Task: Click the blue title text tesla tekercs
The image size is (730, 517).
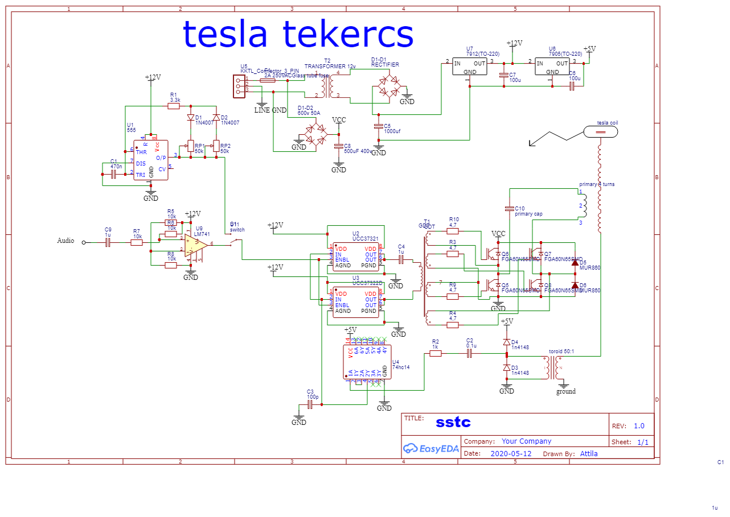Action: pos(297,34)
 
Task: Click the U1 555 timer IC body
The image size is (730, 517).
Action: pos(151,160)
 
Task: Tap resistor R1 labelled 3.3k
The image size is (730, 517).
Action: pos(174,106)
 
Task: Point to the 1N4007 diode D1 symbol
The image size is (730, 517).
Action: pos(191,118)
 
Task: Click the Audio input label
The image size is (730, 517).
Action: pos(65,241)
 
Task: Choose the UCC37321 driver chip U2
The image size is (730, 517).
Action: pos(356,257)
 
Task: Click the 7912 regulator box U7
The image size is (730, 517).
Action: pos(470,67)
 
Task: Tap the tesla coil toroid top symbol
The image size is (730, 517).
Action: pos(600,132)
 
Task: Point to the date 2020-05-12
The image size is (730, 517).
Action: pos(511,454)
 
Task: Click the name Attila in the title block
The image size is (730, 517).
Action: pos(589,454)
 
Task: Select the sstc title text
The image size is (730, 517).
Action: pos(453,423)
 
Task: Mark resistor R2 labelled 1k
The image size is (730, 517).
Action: pos(436,353)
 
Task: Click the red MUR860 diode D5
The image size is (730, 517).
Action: pos(575,262)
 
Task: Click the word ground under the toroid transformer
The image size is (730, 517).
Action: pos(565,391)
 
